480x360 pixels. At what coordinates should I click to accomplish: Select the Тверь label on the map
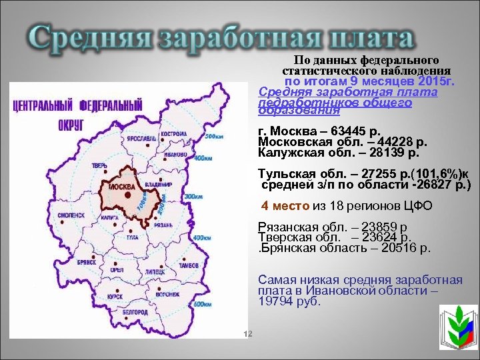coord(100,165)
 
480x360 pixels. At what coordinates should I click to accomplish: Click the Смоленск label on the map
coord(71,215)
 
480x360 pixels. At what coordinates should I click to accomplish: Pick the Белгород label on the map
coord(135,312)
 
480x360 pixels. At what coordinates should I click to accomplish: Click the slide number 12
coord(245,333)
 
